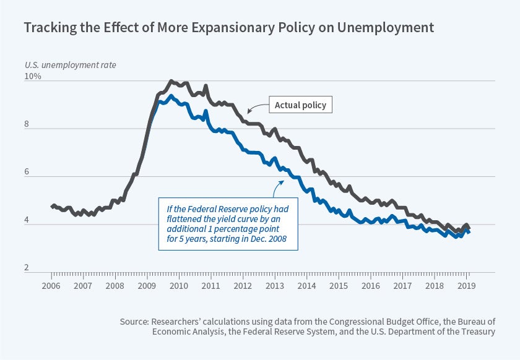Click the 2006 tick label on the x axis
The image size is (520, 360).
[51, 286]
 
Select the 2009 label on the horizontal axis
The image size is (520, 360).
[147, 286]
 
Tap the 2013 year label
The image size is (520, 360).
[274, 286]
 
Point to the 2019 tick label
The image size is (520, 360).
[466, 286]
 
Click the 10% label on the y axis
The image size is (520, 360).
[33, 77]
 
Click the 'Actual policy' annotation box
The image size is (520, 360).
[301, 106]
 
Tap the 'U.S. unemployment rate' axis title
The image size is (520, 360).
[70, 64]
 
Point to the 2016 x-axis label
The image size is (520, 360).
[370, 286]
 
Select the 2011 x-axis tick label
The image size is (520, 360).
[210, 286]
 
